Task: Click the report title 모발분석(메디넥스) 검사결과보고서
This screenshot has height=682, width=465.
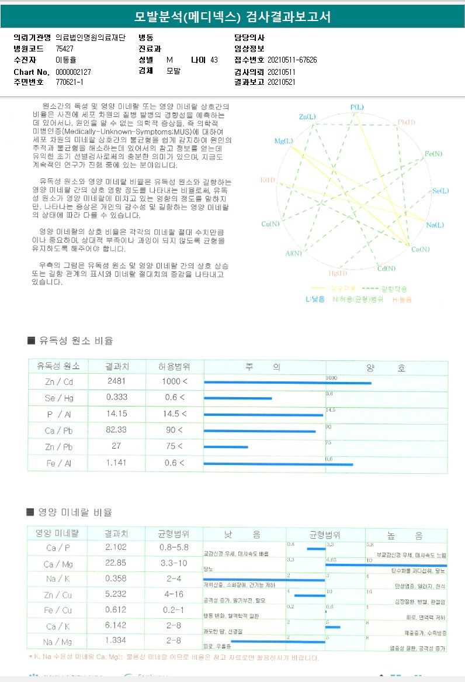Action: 232,17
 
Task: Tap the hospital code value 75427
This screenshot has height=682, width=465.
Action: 65,49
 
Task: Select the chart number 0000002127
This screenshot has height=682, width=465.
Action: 73,71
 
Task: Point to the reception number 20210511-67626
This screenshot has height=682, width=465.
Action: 292,60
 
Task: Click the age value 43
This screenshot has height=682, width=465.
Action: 214,60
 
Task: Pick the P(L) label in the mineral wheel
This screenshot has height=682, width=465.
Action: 356,107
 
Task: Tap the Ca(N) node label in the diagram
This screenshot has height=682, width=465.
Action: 420,249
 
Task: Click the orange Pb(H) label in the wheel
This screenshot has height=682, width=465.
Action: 407,122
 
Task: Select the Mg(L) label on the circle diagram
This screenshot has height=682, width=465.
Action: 283,142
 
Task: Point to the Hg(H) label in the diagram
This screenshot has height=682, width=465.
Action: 338,273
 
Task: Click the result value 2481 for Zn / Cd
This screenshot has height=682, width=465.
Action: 116,381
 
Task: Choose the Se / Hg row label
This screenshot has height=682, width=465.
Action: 58,398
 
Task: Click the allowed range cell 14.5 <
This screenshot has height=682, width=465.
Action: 174,414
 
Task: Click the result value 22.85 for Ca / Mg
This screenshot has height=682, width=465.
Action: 116,564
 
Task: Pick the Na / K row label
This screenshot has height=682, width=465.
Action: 58,579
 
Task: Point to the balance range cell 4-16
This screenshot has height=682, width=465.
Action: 173,594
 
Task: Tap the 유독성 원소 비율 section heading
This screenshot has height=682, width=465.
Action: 75,341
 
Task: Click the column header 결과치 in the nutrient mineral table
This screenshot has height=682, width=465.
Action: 116,533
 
